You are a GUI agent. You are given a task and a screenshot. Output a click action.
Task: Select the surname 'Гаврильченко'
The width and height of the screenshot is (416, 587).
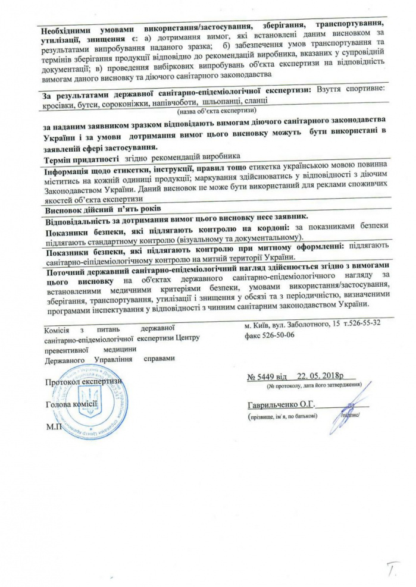point(274,405)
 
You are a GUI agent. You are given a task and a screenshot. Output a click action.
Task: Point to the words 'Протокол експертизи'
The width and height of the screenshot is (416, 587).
point(83,381)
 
